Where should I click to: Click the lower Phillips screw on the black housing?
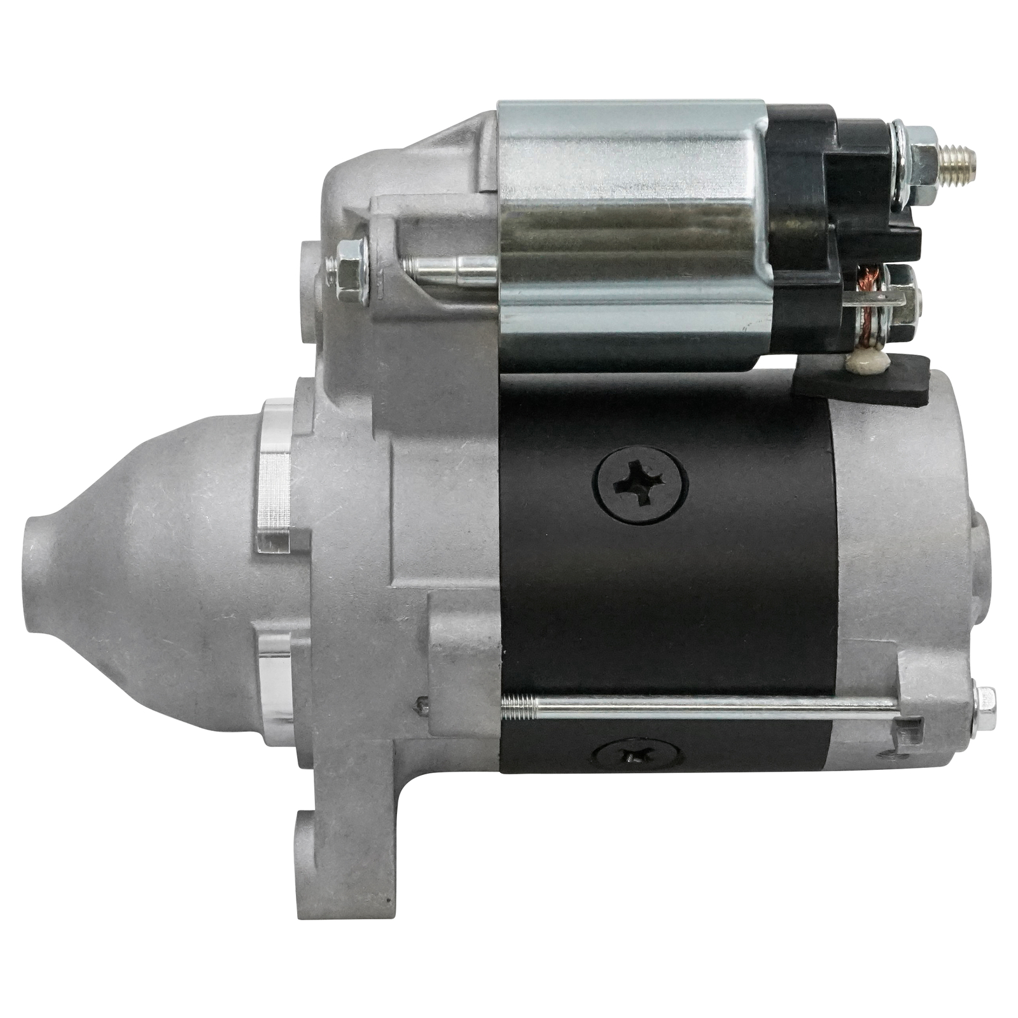click(x=638, y=756)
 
